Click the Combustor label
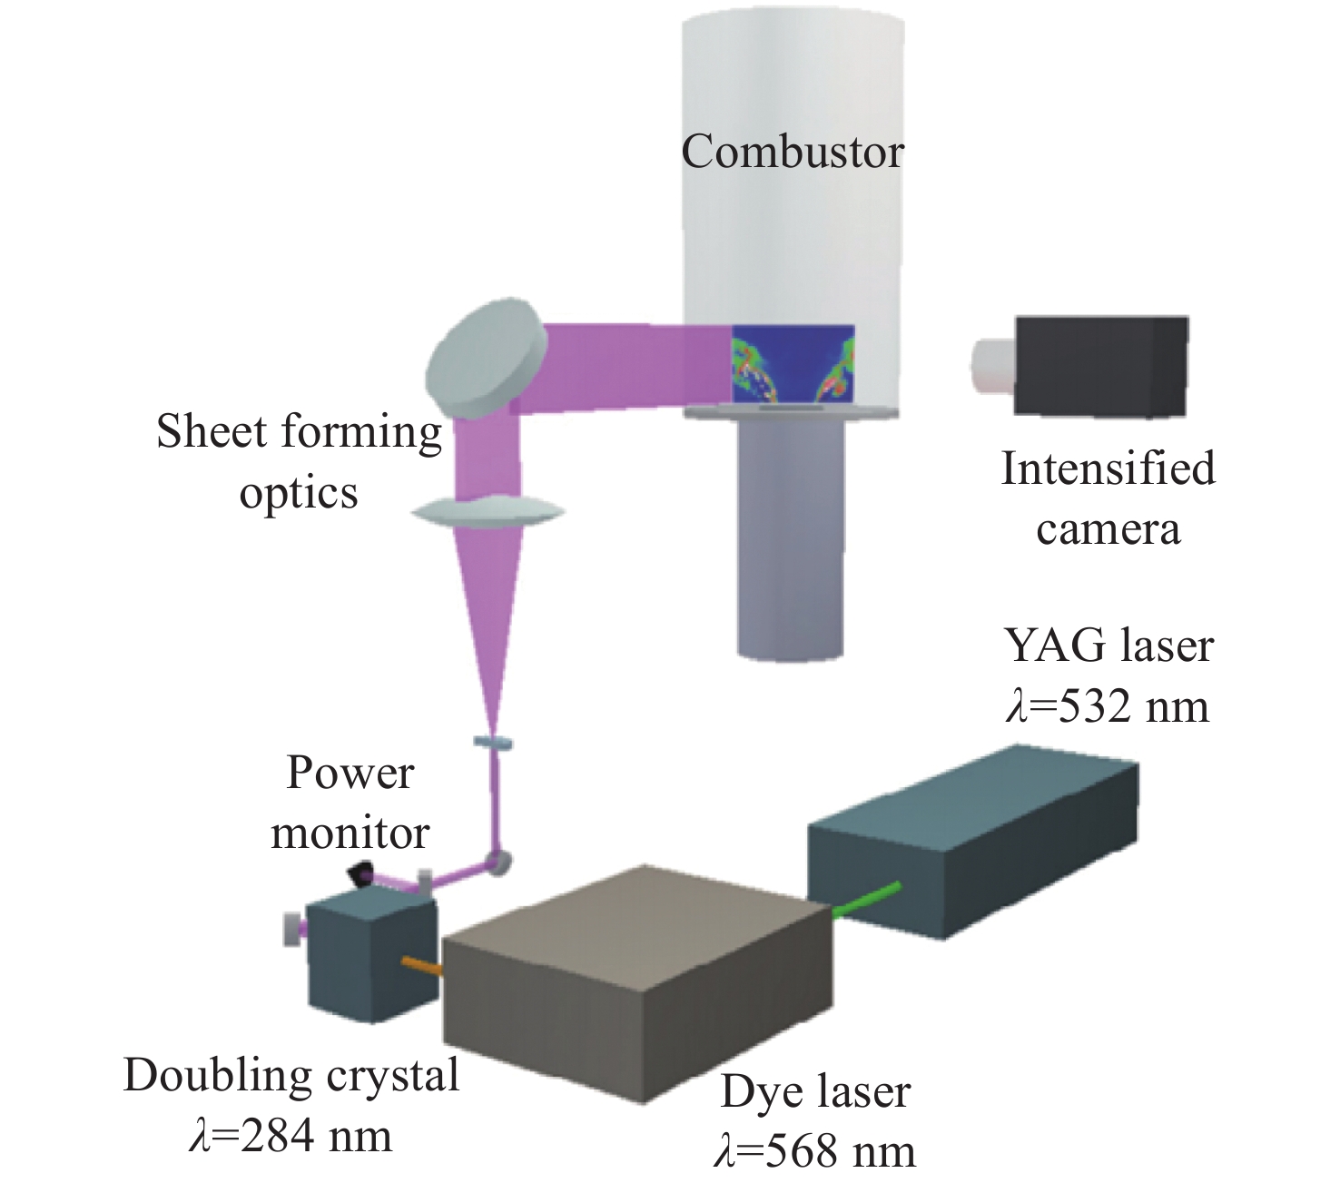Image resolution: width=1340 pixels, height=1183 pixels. pos(793,152)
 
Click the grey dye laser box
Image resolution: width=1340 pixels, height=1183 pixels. pos(636,981)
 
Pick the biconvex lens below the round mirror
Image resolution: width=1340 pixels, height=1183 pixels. pos(488,513)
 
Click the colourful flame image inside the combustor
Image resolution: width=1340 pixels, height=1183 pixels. pos(793,365)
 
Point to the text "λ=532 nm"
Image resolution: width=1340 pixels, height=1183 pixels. pos(1108,706)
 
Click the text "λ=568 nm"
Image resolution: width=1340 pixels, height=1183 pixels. pos(815,1151)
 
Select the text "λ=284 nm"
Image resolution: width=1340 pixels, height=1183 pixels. pos(291,1136)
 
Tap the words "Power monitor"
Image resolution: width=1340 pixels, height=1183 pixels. pos(350,803)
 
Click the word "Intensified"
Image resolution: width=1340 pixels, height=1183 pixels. pos(1108,468)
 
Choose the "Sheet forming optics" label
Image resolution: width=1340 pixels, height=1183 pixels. pos(299,461)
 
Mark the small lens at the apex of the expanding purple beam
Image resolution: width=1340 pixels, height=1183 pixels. pos(493,744)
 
